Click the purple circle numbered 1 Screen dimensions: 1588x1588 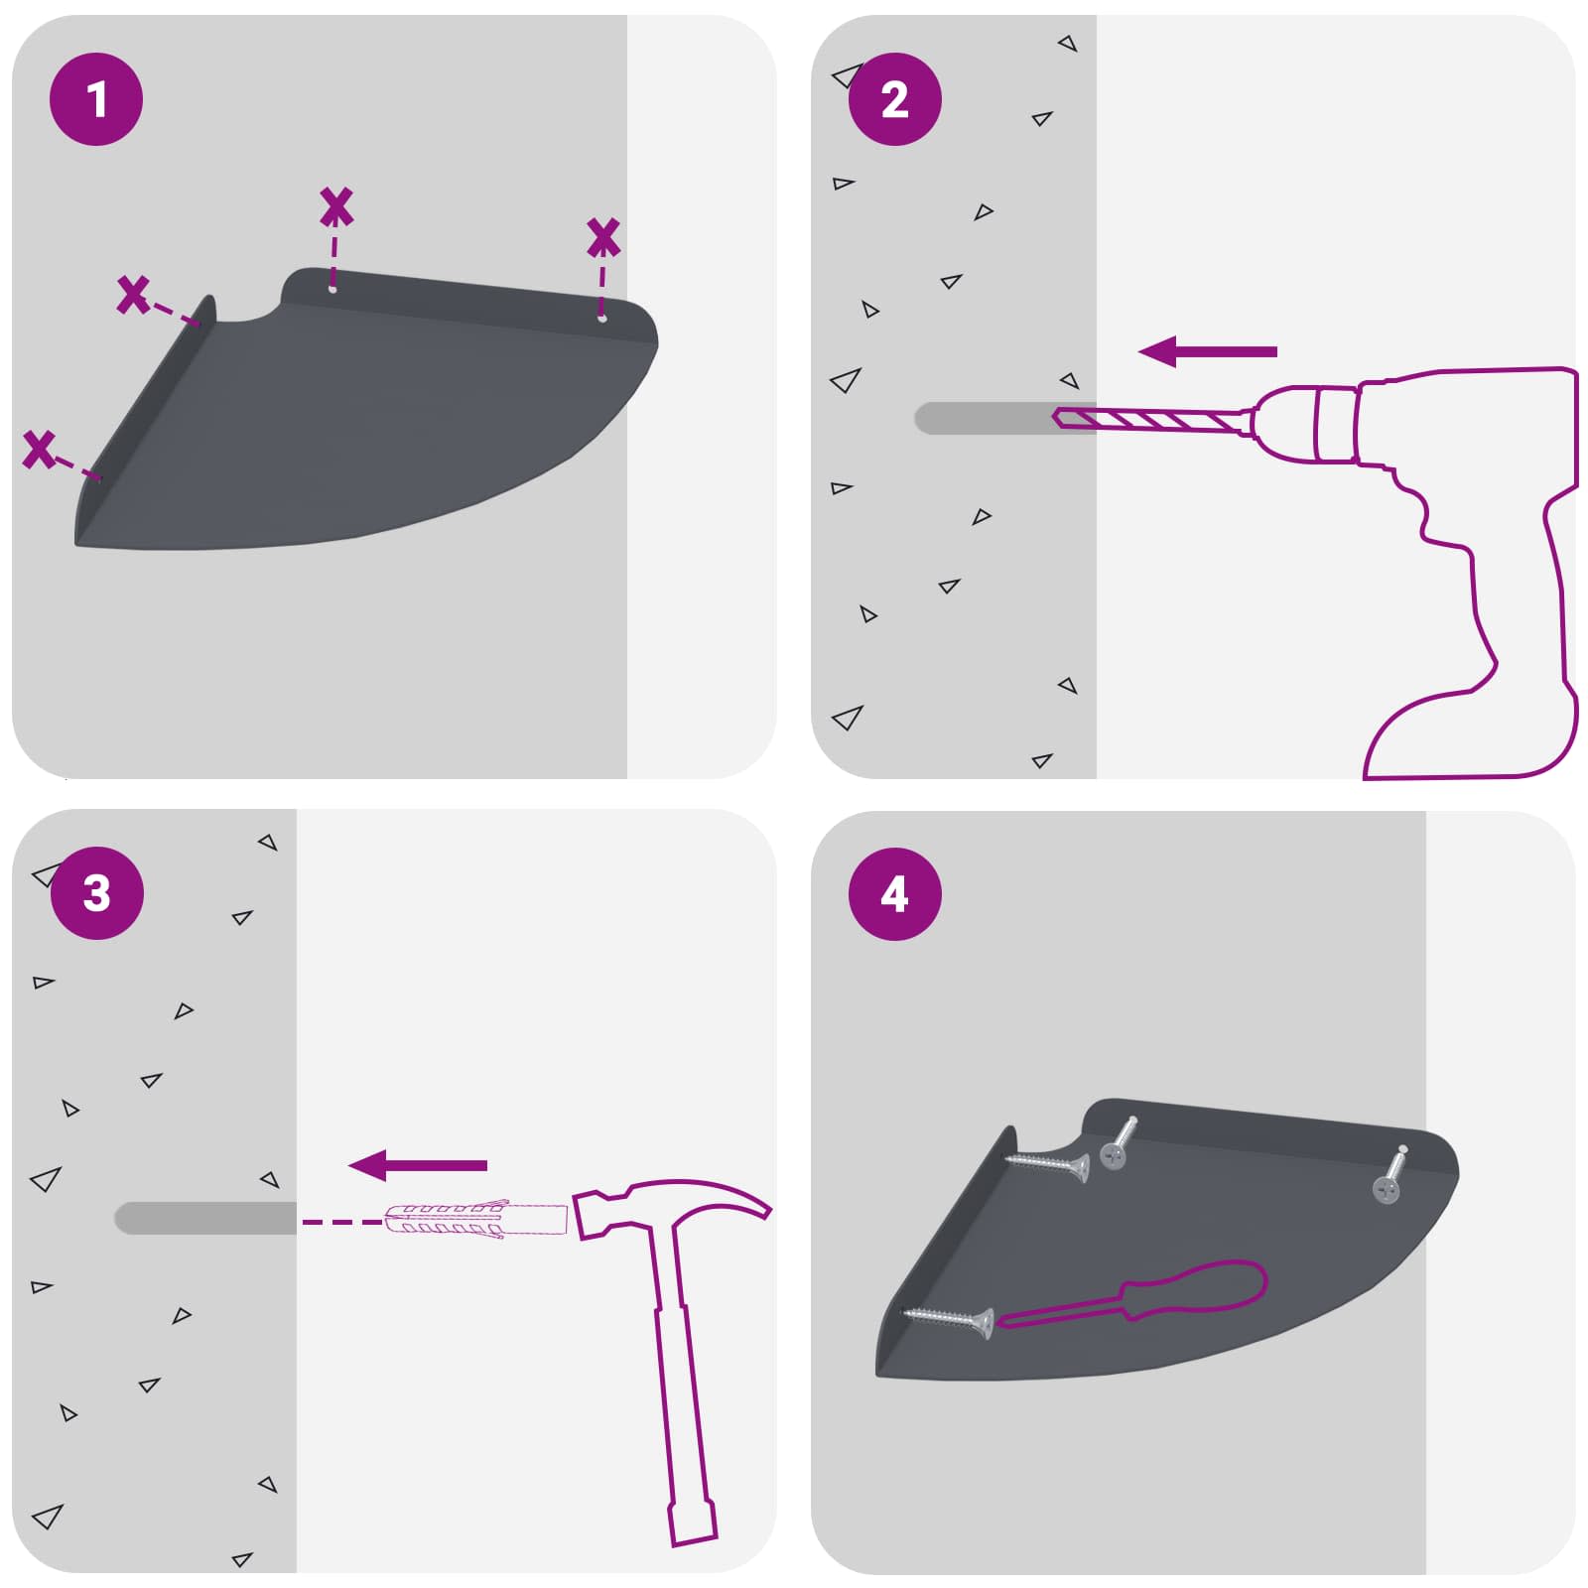click(x=96, y=99)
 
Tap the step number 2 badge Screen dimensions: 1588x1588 click(x=894, y=99)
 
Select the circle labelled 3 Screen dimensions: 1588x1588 click(x=96, y=893)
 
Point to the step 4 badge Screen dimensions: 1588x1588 click(x=894, y=893)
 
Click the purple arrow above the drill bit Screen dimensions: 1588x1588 click(x=1208, y=351)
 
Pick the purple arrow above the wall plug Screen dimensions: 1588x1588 click(x=418, y=1165)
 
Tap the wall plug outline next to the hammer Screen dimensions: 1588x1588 click(x=474, y=1220)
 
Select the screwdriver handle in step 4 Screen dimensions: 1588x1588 click(x=1199, y=1291)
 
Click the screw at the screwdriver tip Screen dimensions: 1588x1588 click(x=949, y=1320)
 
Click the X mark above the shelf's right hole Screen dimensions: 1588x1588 click(x=603, y=238)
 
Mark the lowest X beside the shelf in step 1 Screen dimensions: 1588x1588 click(x=40, y=450)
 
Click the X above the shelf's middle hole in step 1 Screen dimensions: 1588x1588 click(x=336, y=206)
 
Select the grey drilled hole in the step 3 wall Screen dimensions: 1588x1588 click(x=205, y=1218)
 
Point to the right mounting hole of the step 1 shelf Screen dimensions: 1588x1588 click(x=601, y=318)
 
